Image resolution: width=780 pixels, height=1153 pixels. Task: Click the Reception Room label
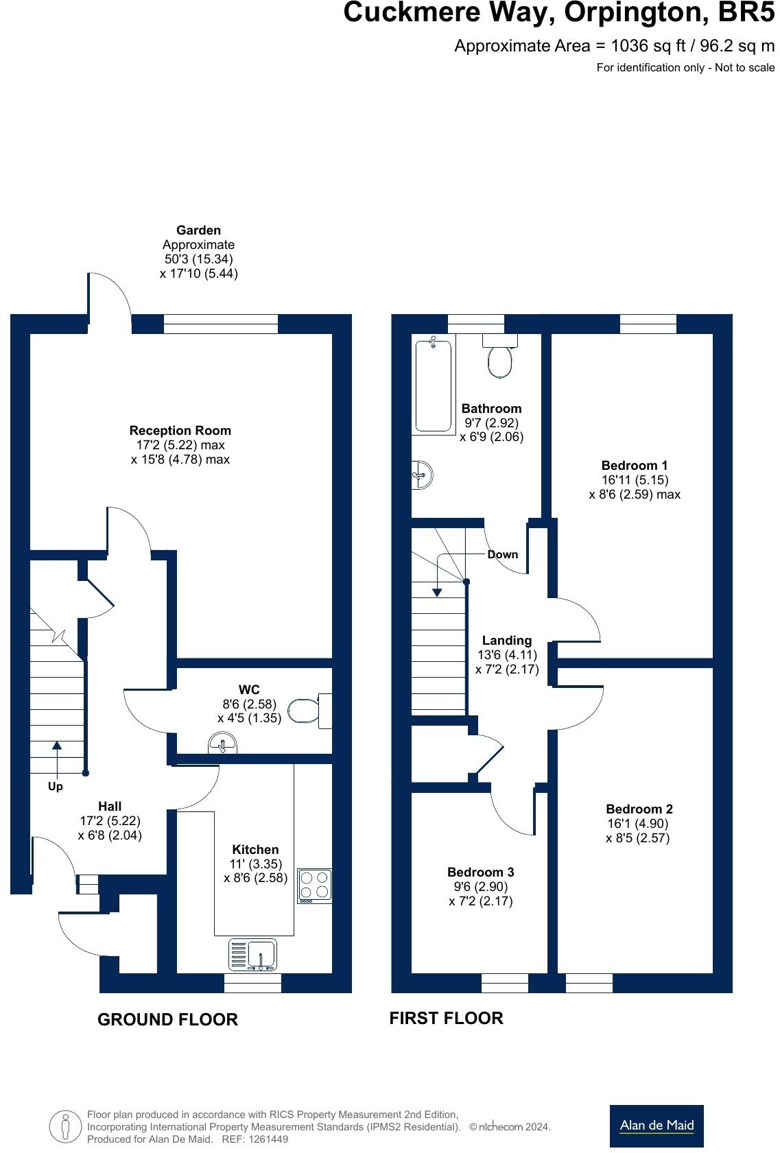[x=180, y=431]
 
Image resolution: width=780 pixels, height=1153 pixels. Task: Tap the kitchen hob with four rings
[x=315, y=885]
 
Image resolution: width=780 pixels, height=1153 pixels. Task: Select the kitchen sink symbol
[x=252, y=955]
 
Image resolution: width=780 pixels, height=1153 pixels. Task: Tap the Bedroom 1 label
[x=635, y=466]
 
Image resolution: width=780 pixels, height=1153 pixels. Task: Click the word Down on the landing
[x=503, y=554]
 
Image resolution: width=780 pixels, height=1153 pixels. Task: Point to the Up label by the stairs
[x=56, y=787]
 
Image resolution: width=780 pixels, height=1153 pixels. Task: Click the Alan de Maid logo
[x=657, y=1126]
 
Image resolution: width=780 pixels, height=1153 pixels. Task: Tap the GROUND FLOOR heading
[x=167, y=1020]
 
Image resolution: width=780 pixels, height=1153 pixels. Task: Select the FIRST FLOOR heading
[x=446, y=1018]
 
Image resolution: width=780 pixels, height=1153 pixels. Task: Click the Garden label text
[x=198, y=230]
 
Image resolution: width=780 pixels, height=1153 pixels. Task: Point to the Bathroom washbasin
[x=421, y=475]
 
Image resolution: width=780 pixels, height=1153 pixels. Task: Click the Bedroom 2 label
[x=639, y=809]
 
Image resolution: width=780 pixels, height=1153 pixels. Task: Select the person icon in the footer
[x=65, y=1127]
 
